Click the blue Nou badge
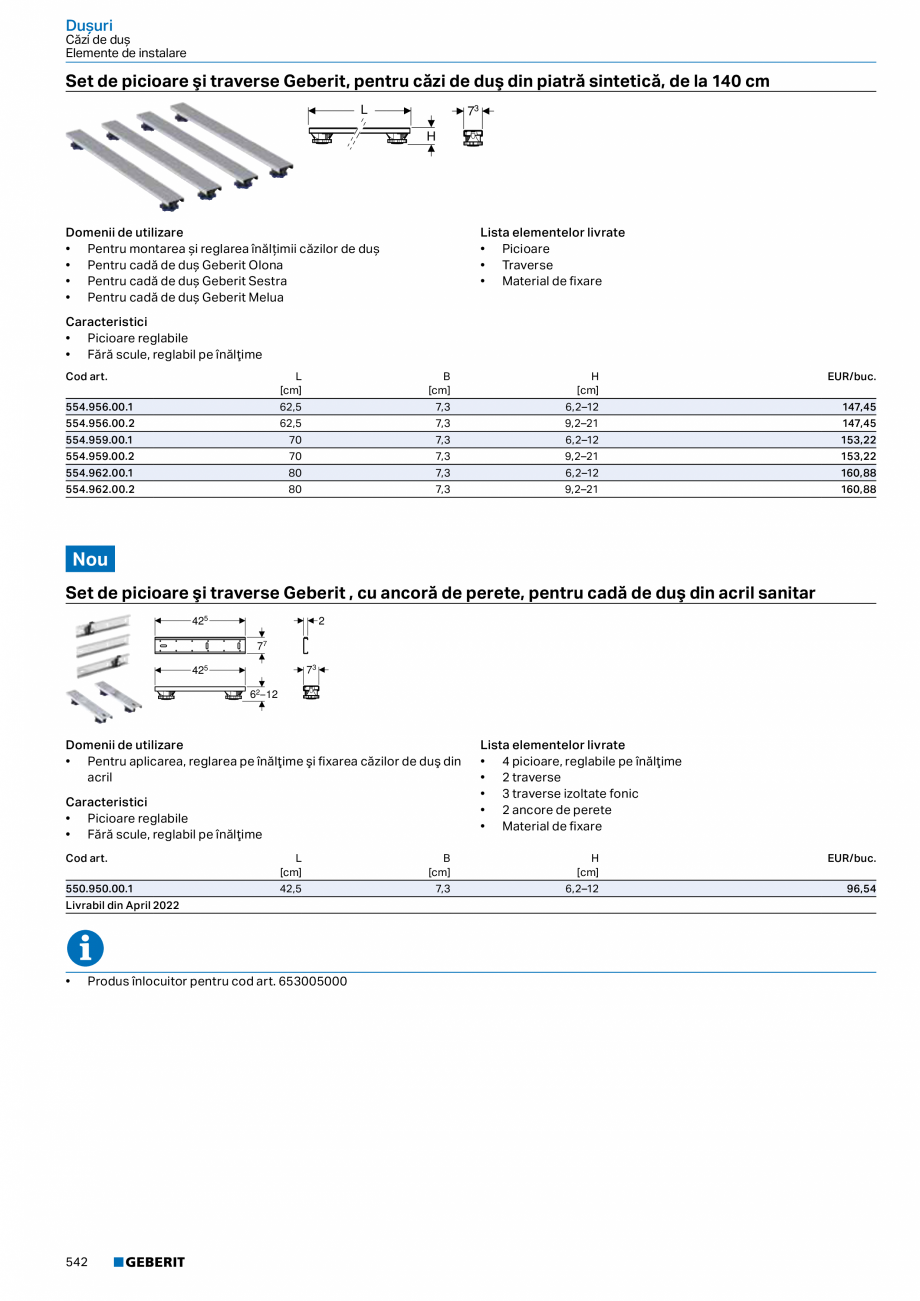[90, 559]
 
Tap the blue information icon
[85, 949]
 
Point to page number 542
[78, 1262]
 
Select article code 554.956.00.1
[100, 408]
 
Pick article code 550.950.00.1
[100, 888]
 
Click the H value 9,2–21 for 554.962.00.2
[582, 490]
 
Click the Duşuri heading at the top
[89, 24]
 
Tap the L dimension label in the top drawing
[364, 109]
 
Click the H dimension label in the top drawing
[431, 136]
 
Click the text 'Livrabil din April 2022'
[123, 905]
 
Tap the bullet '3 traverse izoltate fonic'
[570, 794]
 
